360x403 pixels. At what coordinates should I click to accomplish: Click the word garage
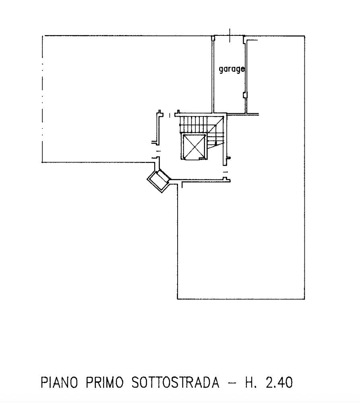pyautogui.click(x=232, y=69)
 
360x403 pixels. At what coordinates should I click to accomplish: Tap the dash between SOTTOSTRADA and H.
pyautogui.click(x=232, y=383)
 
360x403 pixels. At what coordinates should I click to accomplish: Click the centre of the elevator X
pyautogui.click(x=194, y=146)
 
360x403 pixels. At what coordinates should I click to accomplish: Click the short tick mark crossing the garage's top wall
pyautogui.click(x=230, y=35)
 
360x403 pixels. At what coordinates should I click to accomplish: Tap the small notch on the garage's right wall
pyautogui.click(x=246, y=95)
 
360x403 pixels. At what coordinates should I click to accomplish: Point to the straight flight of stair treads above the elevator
pyautogui.click(x=193, y=125)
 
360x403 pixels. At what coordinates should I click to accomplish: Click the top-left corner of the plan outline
pyautogui.click(x=42, y=36)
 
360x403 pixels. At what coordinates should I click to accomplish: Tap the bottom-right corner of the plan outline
pyautogui.click(x=304, y=299)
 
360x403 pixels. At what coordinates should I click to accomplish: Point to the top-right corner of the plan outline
pyautogui.click(x=304, y=36)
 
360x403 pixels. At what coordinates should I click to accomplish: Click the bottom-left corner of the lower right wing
pyautogui.click(x=178, y=299)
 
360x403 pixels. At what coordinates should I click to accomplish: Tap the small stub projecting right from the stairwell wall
pyautogui.click(x=229, y=158)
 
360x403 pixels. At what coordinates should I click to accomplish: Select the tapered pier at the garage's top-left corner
pyautogui.click(x=213, y=38)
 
